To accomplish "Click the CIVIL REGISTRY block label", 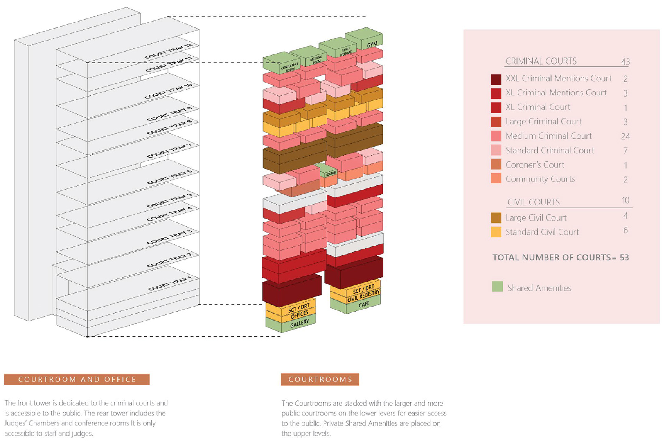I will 363,296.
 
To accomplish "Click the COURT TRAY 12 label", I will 169,51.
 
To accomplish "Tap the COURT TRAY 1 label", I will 170,283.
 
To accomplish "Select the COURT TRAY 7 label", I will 169,151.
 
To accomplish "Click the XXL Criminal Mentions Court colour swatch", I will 496,79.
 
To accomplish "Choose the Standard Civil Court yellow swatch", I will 496,232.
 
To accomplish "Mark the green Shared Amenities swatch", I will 497,287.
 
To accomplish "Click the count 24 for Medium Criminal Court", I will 625,136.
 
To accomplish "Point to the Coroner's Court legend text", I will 534,165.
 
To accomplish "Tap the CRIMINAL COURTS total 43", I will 625,61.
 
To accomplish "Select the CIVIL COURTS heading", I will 533,202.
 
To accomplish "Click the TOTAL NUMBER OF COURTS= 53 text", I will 560,257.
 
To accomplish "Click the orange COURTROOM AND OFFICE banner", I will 77,379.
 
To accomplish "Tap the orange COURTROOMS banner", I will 320,379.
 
